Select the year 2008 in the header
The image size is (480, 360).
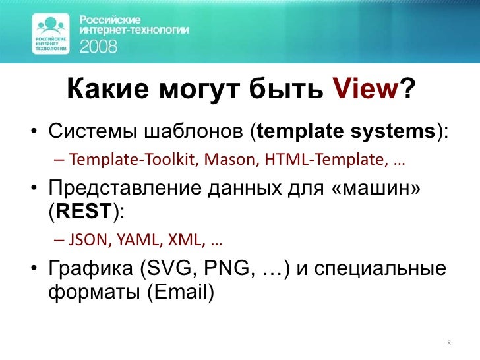99,46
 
